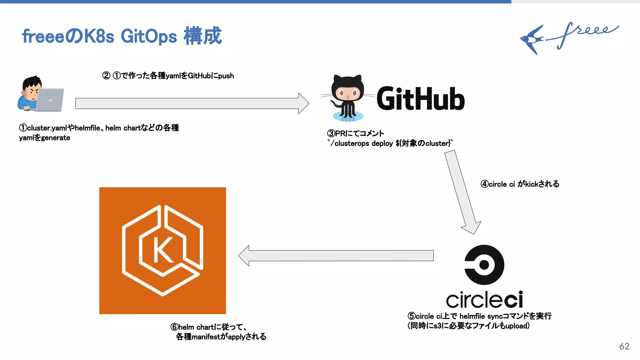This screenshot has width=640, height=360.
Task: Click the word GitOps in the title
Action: (149, 37)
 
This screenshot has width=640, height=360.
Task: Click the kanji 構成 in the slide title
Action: (202, 36)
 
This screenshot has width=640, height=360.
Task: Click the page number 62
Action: (624, 346)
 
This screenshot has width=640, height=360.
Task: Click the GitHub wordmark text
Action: (420, 99)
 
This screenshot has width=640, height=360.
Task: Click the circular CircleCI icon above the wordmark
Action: (484, 265)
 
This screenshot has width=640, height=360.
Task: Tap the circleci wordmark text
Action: (484, 300)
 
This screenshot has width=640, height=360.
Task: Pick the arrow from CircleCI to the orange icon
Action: (336, 256)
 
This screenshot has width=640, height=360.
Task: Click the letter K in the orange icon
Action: (163, 250)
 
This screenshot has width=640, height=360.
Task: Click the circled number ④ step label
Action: (484, 184)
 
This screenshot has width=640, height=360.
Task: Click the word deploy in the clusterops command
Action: (382, 143)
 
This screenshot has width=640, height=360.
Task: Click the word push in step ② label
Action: (226, 76)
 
